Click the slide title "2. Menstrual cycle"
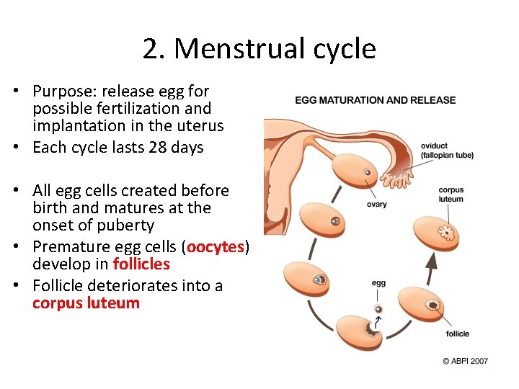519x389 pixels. (x=259, y=49)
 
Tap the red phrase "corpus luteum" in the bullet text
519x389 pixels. (x=86, y=303)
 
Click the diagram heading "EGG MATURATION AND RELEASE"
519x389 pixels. (x=375, y=99)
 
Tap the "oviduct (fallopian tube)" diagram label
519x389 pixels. (x=447, y=151)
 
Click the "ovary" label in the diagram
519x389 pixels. (x=376, y=205)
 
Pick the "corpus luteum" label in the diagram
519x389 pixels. (x=451, y=194)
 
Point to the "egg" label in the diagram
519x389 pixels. (x=378, y=283)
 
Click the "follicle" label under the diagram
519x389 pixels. (x=458, y=334)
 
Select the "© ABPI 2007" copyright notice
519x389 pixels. (x=464, y=360)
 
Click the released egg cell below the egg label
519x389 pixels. (x=377, y=309)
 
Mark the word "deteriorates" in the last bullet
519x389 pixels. (x=148, y=285)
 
